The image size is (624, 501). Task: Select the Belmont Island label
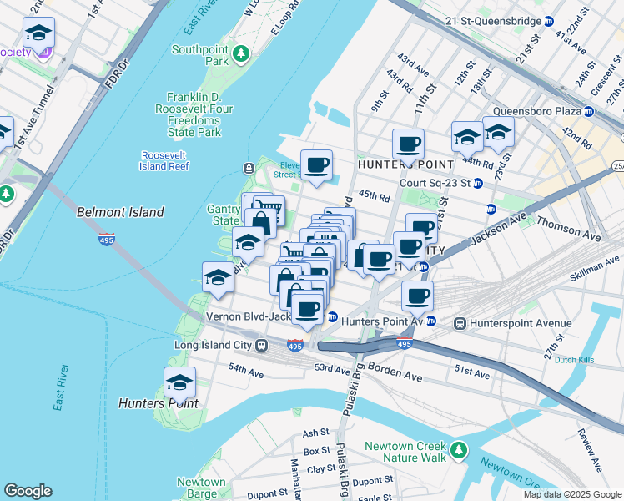[120, 212]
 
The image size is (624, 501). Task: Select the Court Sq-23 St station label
[435, 184]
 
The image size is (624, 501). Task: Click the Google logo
[28, 491]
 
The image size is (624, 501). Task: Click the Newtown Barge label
[200, 488]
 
